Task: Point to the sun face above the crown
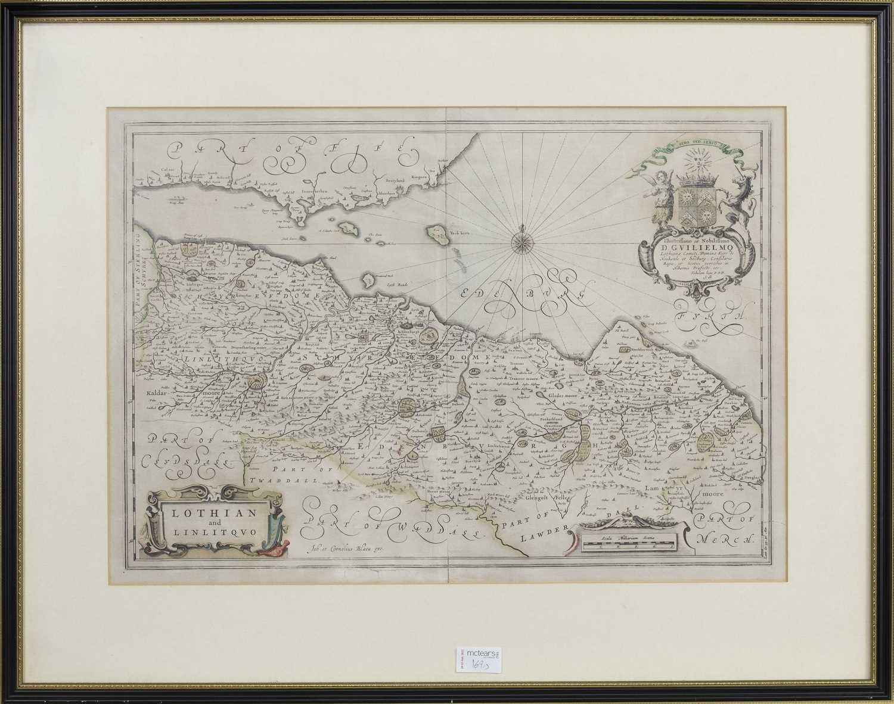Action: (x=696, y=163)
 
